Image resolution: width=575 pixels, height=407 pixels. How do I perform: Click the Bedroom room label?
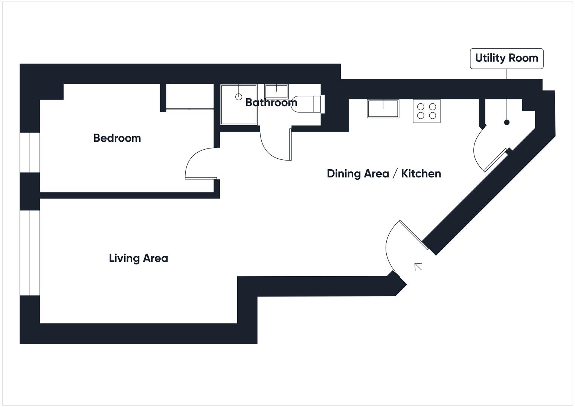click(x=117, y=138)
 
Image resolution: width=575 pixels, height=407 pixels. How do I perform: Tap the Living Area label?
click(x=138, y=258)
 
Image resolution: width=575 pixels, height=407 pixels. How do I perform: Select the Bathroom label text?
click(x=271, y=103)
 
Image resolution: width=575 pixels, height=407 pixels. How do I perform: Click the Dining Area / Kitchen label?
click(x=384, y=173)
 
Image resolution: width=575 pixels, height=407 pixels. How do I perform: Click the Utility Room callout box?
click(x=506, y=58)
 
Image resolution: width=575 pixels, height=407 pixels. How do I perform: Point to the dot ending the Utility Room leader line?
click(x=507, y=122)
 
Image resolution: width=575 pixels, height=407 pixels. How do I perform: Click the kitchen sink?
click(x=383, y=109)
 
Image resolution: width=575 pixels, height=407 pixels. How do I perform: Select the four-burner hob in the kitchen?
click(x=426, y=111)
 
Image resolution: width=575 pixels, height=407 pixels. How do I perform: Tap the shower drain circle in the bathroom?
click(x=238, y=97)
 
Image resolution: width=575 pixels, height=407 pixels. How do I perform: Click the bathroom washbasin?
click(x=276, y=91)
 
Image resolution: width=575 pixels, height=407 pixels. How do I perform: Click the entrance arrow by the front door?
click(x=418, y=266)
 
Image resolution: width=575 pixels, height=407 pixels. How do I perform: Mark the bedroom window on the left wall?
click(x=30, y=153)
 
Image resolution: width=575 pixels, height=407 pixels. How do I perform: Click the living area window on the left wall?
click(x=30, y=252)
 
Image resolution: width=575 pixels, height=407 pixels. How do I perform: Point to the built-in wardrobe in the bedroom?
click(x=190, y=97)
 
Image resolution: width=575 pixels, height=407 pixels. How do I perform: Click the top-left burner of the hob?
click(x=420, y=107)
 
